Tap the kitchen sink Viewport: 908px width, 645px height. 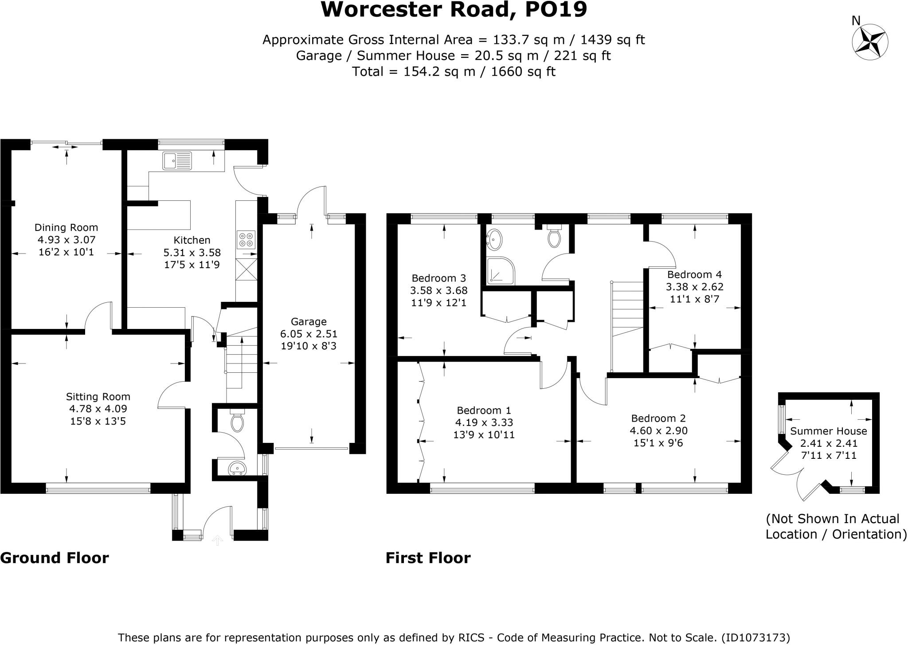coord(177,160)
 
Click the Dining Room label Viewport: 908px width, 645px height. coord(67,227)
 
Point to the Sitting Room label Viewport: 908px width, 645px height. coord(98,397)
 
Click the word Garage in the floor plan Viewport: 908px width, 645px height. coord(309,322)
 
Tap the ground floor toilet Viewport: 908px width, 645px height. coord(238,422)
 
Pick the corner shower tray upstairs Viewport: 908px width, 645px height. coord(501,270)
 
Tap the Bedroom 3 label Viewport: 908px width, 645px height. coord(439,278)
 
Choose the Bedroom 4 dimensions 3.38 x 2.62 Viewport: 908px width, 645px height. coord(695,287)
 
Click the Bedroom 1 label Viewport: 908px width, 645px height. coord(484,410)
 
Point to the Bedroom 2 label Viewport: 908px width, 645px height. coord(658,418)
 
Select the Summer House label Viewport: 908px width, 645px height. coord(829,431)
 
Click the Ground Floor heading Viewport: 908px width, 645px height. coord(55,558)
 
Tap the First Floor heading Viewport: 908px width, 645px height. coord(428,558)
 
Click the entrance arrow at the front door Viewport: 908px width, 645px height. coord(217,540)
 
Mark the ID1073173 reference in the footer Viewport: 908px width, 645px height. coord(755,637)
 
